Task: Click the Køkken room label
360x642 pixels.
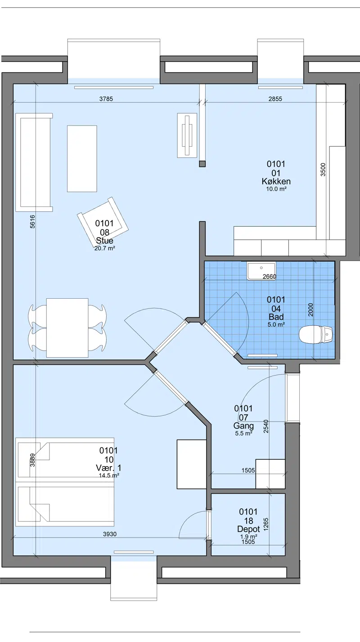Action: click(276, 181)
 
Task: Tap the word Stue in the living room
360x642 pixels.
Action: click(104, 240)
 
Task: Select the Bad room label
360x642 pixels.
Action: click(276, 317)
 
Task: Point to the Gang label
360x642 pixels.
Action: click(243, 426)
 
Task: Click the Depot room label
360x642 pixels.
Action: click(248, 529)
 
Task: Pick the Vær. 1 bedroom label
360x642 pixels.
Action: click(108, 468)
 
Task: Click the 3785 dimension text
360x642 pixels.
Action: click(106, 99)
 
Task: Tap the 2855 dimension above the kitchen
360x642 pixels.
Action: click(275, 99)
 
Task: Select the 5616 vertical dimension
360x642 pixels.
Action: click(32, 221)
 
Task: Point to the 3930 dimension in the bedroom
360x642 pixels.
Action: click(110, 534)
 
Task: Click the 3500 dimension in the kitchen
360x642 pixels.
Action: click(323, 169)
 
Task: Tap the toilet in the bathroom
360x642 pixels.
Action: click(316, 335)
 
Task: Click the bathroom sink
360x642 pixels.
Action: click(261, 270)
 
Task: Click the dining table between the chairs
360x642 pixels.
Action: click(67, 328)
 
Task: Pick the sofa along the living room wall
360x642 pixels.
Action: click(34, 162)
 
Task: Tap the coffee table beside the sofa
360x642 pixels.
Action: click(82, 158)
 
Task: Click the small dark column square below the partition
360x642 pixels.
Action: click(202, 164)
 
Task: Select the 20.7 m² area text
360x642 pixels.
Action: click(104, 248)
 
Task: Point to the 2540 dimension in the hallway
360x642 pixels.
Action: click(266, 426)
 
